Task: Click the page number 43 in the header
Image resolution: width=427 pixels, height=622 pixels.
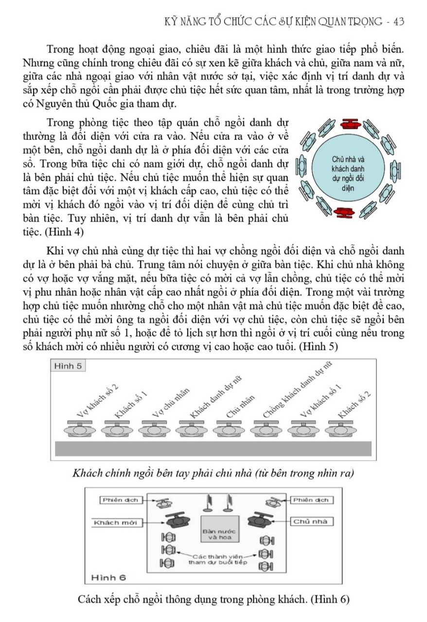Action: pyautogui.click(x=399, y=21)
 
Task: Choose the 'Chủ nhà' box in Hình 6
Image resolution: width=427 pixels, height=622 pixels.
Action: pyautogui.click(x=311, y=522)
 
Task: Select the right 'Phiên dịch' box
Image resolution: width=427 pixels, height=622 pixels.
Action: pyautogui.click(x=311, y=500)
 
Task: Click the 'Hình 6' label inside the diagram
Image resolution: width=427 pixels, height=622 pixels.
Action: pyautogui.click(x=108, y=577)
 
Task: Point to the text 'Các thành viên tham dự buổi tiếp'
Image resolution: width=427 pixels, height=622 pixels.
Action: pyautogui.click(x=217, y=559)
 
